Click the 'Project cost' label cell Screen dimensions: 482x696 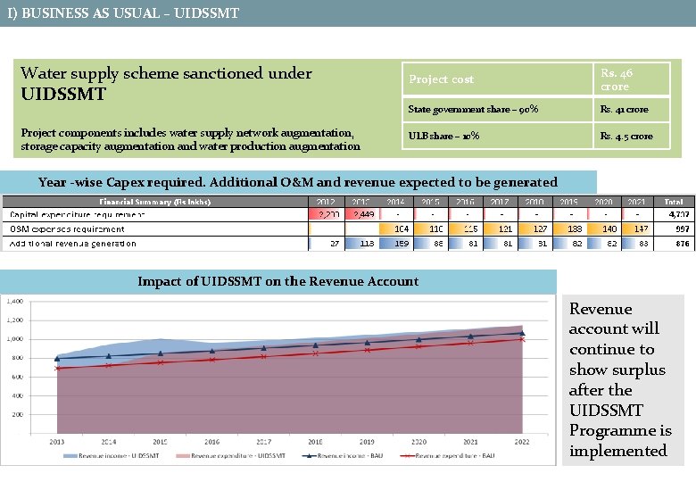pyautogui.click(x=442, y=79)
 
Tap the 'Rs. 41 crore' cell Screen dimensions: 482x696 pyautogui.click(x=625, y=110)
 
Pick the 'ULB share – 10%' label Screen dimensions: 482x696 pyautogui.click(x=443, y=136)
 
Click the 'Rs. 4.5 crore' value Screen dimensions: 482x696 pyautogui.click(x=626, y=136)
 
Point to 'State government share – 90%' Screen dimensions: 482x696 pyautogui.click(x=473, y=110)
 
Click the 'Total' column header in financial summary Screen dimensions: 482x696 pyautogui.click(x=674, y=202)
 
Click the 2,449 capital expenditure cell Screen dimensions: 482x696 pyautogui.click(x=364, y=215)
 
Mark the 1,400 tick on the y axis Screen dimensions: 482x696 pyautogui.click(x=15, y=302)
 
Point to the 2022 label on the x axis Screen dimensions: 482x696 pyautogui.click(x=522, y=442)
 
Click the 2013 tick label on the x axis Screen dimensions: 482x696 pyautogui.click(x=58, y=442)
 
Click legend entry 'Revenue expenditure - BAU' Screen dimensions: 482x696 pyautogui.click(x=456, y=455)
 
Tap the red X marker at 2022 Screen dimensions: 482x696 pyautogui.click(x=522, y=339)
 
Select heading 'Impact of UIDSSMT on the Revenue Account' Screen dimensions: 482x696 pyautogui.click(x=278, y=281)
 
